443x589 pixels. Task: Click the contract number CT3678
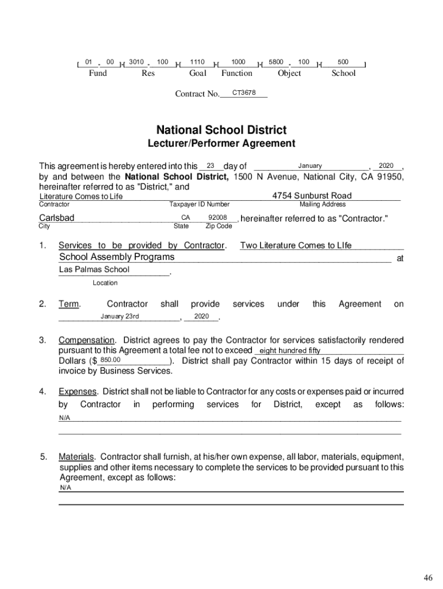pyautogui.click(x=244, y=93)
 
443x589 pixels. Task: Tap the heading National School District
pyautogui.click(x=221, y=130)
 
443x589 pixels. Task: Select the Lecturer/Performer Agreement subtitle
pyautogui.click(x=221, y=143)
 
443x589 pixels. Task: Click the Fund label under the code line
pyautogui.click(x=98, y=73)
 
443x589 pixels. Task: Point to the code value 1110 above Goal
pyautogui.click(x=197, y=62)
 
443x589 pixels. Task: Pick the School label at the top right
pyautogui.click(x=343, y=73)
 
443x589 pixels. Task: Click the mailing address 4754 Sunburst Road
pyautogui.click(x=312, y=196)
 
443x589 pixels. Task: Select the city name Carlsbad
pyautogui.click(x=56, y=218)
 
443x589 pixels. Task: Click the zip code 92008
pyautogui.click(x=218, y=218)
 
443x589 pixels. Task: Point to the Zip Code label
pyautogui.click(x=219, y=226)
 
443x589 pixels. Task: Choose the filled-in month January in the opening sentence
pyautogui.click(x=310, y=166)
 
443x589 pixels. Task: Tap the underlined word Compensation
pyautogui.click(x=87, y=341)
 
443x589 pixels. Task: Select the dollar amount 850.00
pyautogui.click(x=110, y=360)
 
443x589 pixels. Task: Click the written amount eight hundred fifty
pyautogui.click(x=290, y=350)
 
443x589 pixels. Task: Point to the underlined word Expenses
pyautogui.click(x=78, y=392)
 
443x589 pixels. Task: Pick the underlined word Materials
pyautogui.click(x=76, y=457)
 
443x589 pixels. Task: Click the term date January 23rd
pyautogui.click(x=120, y=316)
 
